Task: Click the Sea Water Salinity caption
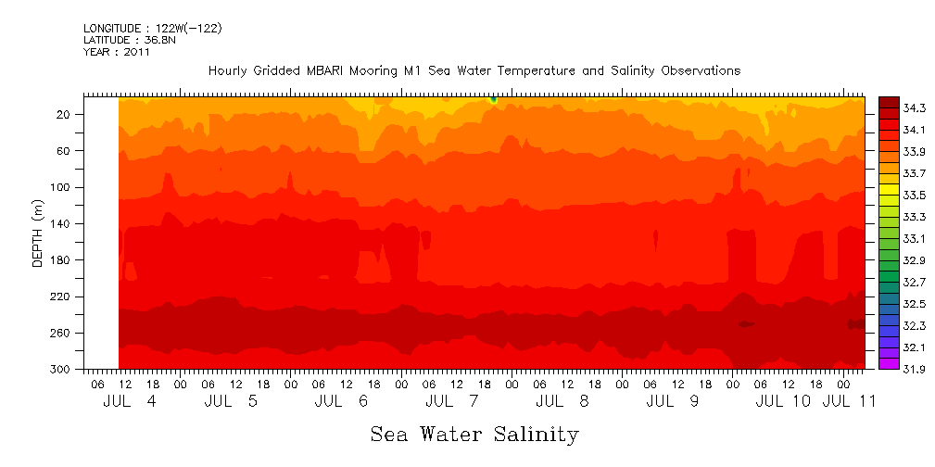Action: [x=474, y=435]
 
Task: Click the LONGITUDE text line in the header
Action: [x=152, y=29]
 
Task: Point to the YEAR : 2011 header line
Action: [x=116, y=52]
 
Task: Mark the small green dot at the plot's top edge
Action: [x=494, y=98]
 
